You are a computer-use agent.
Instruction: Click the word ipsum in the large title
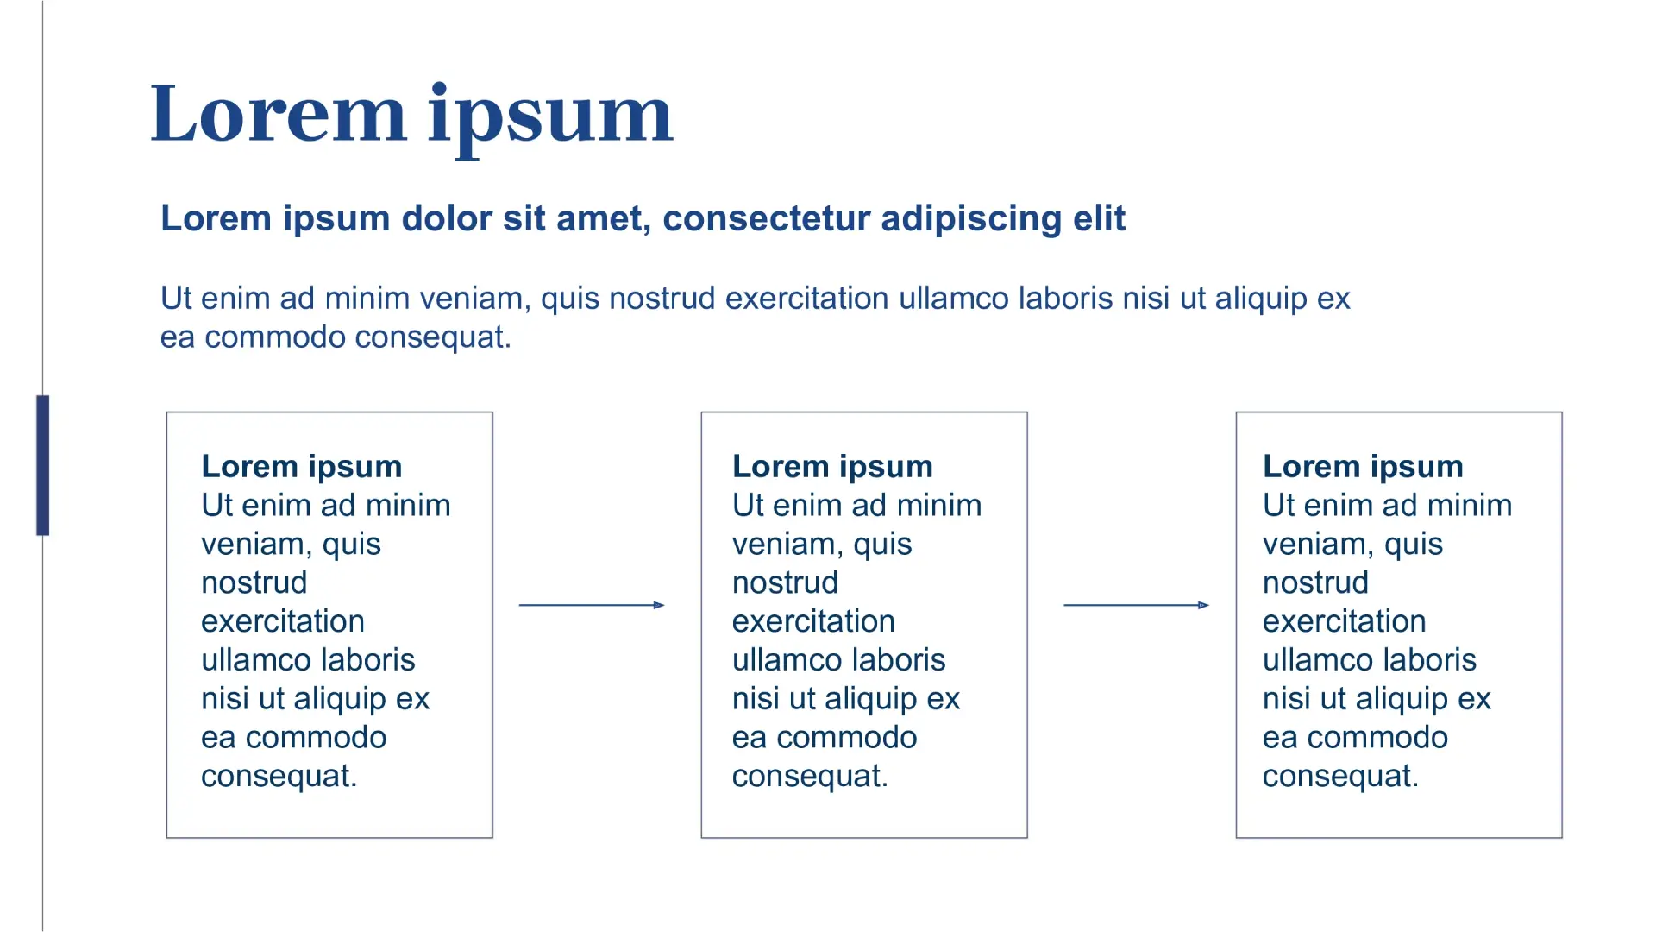(x=550, y=119)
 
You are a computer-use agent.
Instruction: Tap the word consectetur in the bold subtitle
(x=766, y=218)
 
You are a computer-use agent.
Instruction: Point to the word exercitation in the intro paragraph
(x=807, y=299)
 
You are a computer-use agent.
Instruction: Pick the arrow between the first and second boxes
(x=592, y=605)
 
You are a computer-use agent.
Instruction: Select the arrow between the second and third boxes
(x=1137, y=605)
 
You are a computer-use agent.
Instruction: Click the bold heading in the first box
(x=302, y=467)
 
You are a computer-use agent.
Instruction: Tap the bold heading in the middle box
(x=832, y=467)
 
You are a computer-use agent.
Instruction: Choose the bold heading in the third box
(x=1363, y=467)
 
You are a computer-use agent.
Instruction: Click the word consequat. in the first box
(x=279, y=777)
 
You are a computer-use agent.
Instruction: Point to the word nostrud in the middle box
(x=785, y=582)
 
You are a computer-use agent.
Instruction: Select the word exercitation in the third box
(x=1345, y=621)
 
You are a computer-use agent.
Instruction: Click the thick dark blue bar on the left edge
(x=42, y=465)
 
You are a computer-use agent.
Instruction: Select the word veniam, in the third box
(x=1314, y=545)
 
